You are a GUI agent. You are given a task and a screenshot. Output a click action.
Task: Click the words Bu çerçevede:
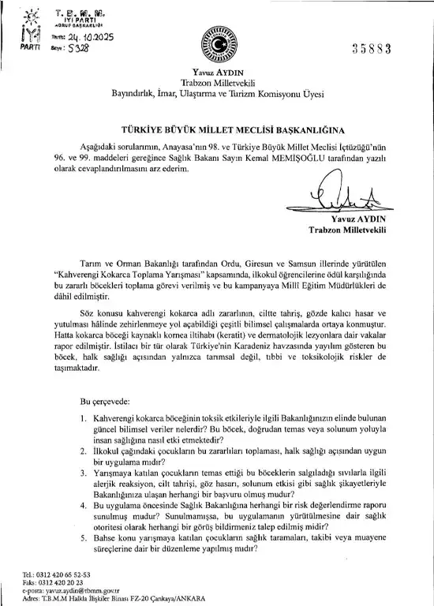[x=109, y=401]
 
